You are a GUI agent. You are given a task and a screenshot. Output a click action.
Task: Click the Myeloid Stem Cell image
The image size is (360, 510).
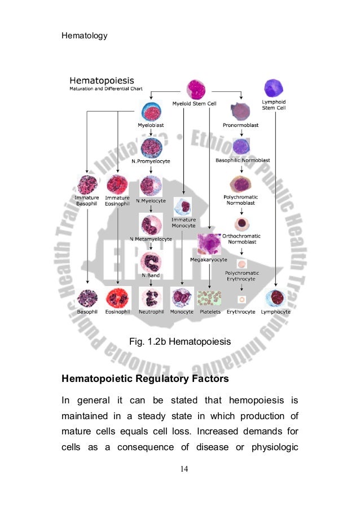(199, 89)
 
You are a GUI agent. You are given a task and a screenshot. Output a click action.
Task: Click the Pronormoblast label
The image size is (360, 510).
(241, 125)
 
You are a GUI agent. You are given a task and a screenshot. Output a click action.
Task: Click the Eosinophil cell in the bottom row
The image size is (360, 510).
(118, 297)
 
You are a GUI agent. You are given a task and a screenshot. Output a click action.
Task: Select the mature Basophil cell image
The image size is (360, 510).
(87, 297)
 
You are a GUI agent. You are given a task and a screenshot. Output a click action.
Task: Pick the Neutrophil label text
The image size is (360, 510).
(151, 311)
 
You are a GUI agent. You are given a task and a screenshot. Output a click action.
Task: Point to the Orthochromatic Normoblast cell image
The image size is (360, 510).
(242, 223)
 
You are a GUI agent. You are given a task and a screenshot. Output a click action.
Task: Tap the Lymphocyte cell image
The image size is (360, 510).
(275, 297)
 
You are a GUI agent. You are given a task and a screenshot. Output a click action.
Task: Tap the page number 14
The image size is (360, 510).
(180, 468)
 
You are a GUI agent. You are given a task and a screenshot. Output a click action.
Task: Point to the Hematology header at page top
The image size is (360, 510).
(84, 36)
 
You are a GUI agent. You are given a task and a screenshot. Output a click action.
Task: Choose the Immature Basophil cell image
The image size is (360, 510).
(87, 184)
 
